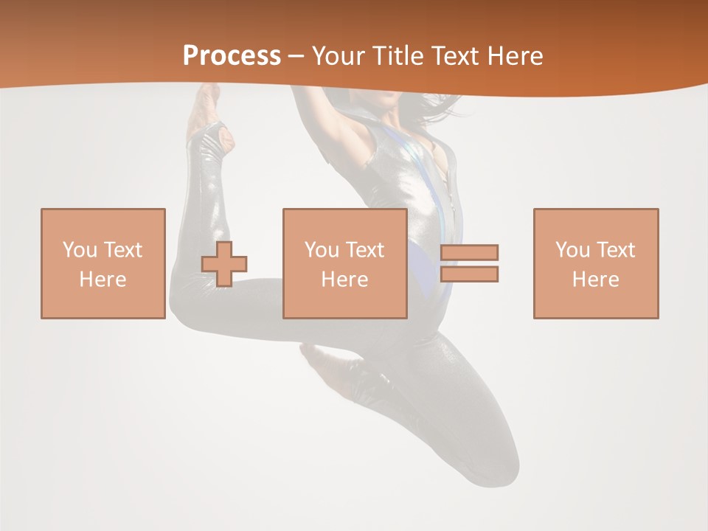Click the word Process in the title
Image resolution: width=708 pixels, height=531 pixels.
(x=232, y=56)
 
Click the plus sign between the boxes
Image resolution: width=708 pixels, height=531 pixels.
(x=224, y=263)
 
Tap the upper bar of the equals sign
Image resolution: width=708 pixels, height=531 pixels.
(x=470, y=252)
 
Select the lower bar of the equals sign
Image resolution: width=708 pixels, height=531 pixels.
(x=470, y=274)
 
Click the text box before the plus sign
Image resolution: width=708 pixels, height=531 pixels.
(x=103, y=263)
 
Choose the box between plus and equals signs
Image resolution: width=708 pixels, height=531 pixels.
(x=345, y=263)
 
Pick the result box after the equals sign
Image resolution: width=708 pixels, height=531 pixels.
(x=596, y=263)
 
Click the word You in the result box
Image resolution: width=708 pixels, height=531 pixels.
(x=572, y=250)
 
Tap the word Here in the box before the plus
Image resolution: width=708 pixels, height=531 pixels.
(x=103, y=280)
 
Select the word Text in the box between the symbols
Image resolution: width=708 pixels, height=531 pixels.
(x=366, y=250)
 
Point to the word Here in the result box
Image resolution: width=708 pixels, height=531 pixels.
(x=596, y=280)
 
